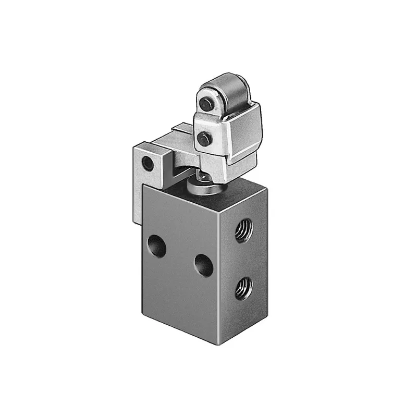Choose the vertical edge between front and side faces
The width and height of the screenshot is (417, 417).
[x=218, y=276]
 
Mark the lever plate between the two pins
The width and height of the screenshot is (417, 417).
[x=204, y=121]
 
